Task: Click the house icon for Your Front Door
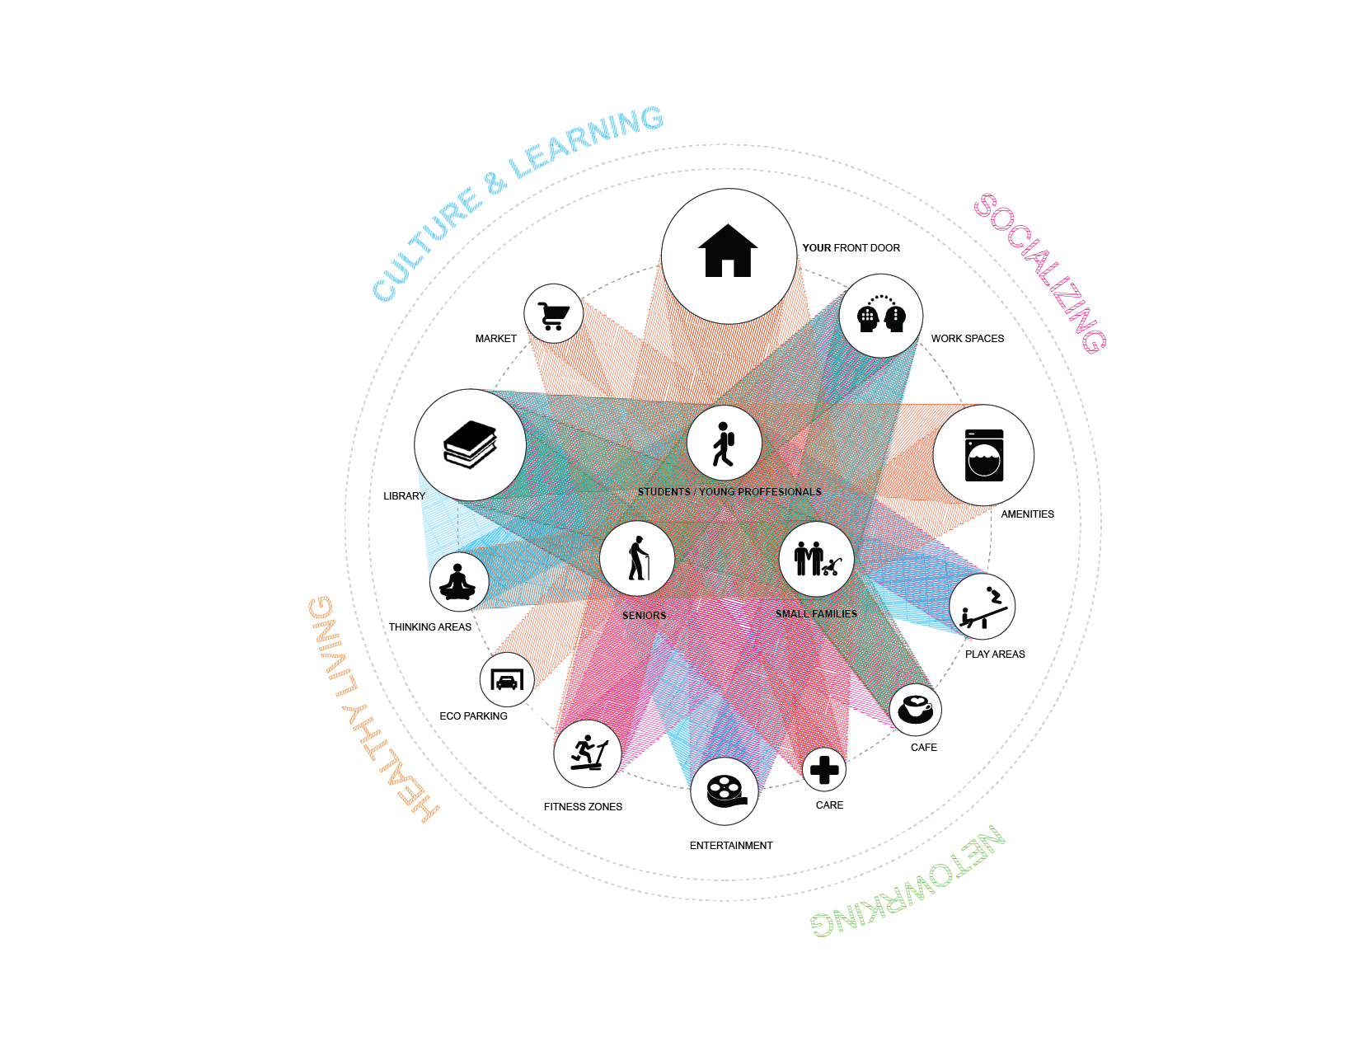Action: pyautogui.click(x=728, y=251)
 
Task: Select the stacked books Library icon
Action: pyautogui.click(x=470, y=444)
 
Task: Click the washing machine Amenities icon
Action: pyautogui.click(x=984, y=455)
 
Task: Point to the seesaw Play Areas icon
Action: pyautogui.click(x=982, y=608)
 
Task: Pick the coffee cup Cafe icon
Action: pyautogui.click(x=915, y=709)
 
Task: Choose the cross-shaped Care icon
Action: pyautogui.click(x=824, y=770)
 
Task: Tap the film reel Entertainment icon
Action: pyautogui.click(x=725, y=791)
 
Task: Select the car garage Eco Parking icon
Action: pyautogui.click(x=507, y=680)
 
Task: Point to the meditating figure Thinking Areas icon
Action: pyautogui.click(x=458, y=581)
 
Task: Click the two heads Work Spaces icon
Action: pyautogui.click(x=881, y=316)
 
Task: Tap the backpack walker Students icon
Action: pyautogui.click(x=724, y=444)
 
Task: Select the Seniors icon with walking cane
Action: pyautogui.click(x=637, y=558)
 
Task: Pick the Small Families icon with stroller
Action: pyautogui.click(x=816, y=558)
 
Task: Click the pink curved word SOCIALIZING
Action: pyautogui.click(x=1040, y=272)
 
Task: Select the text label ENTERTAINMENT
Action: pyautogui.click(x=731, y=846)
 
